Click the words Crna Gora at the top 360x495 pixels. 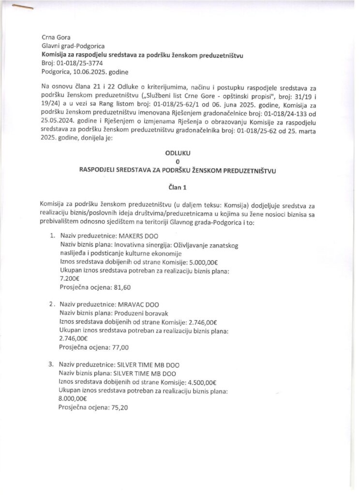coord(56,37)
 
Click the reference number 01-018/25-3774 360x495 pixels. coord(79,63)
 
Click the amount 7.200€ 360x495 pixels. coord(69,279)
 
